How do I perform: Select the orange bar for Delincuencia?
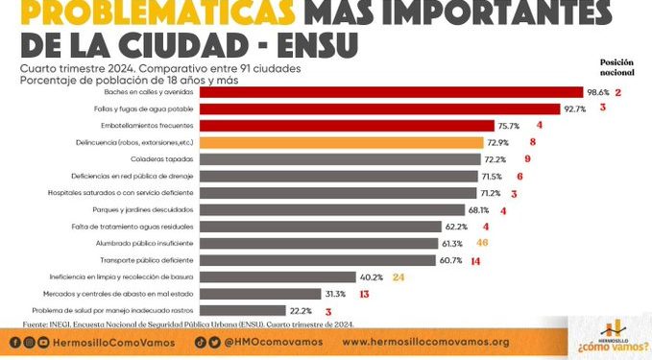click(341, 142)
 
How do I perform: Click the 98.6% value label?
click(597, 92)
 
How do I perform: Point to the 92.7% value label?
click(574, 108)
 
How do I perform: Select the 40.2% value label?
click(371, 276)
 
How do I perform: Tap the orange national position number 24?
click(398, 276)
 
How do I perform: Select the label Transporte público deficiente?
click(140, 260)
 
